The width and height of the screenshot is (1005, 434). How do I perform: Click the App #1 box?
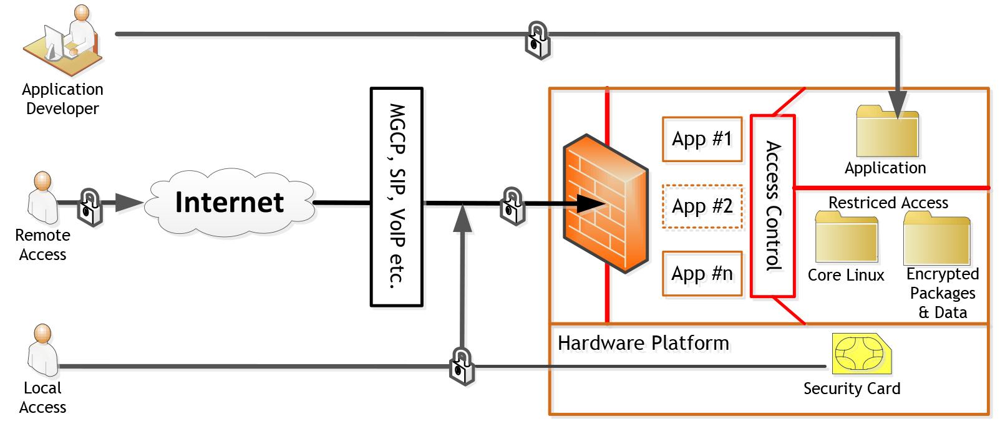click(x=702, y=138)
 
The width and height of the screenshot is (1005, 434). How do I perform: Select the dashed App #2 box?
click(x=702, y=206)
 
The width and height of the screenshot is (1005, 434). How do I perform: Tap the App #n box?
click(x=702, y=273)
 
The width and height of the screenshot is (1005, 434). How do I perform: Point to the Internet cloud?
click(x=230, y=203)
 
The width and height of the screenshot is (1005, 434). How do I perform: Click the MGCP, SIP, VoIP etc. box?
click(x=397, y=197)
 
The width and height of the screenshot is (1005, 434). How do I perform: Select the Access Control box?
click(x=772, y=205)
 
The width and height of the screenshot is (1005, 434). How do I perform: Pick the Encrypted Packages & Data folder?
click(x=937, y=238)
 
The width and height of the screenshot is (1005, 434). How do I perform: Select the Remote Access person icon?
click(x=42, y=196)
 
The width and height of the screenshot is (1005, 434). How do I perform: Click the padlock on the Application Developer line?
click(x=537, y=41)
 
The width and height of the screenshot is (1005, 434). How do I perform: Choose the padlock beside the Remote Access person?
click(x=90, y=207)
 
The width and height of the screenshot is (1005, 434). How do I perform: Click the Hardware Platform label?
click(x=643, y=343)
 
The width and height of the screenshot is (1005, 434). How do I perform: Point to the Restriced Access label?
click(x=888, y=203)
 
